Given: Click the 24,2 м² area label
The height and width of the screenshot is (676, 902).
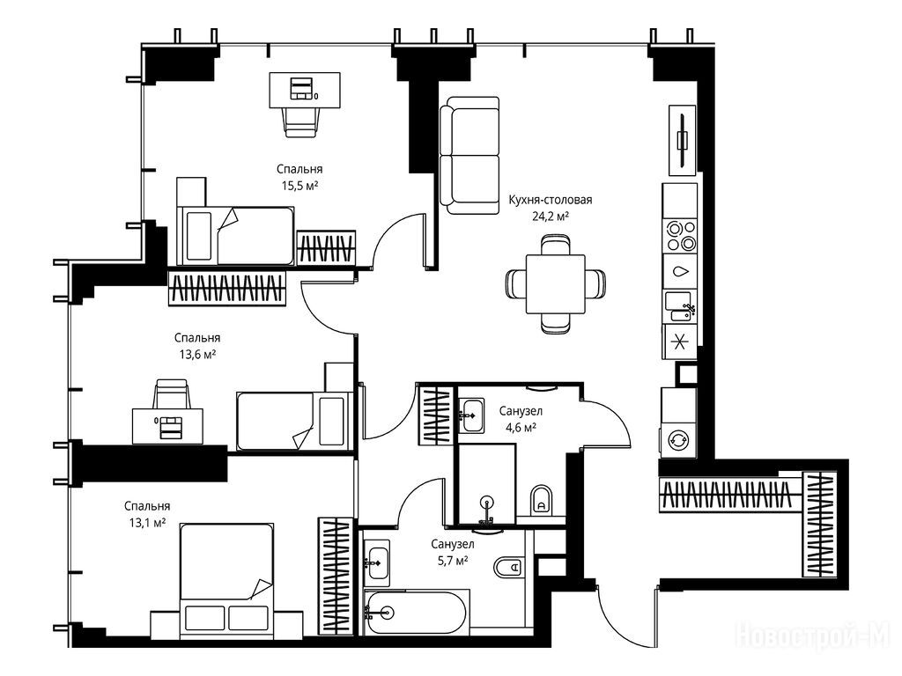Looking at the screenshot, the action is (x=550, y=217).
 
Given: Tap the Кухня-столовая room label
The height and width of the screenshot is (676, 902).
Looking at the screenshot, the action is (x=550, y=200).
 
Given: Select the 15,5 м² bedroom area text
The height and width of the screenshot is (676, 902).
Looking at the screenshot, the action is (x=299, y=185).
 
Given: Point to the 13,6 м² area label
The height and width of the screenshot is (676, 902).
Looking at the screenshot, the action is (x=197, y=354).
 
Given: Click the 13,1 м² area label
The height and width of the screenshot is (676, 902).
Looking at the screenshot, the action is (x=147, y=523).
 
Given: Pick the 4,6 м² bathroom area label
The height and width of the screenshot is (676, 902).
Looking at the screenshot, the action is (x=521, y=427).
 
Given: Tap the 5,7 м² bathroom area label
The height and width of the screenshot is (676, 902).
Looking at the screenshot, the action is (x=452, y=561).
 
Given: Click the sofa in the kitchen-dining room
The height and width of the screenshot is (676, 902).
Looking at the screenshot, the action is (x=469, y=156).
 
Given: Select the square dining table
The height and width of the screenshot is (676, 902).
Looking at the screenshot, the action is (x=555, y=284).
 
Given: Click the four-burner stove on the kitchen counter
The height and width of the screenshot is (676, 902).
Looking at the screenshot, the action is (x=680, y=236).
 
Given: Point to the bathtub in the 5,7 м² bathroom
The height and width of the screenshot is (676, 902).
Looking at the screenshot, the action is (x=416, y=613).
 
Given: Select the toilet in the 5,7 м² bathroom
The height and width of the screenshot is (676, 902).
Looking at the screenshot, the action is (x=508, y=568).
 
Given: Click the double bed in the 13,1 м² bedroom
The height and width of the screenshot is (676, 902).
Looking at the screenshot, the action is (x=226, y=581).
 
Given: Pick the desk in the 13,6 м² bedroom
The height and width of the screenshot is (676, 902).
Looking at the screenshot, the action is (x=168, y=426).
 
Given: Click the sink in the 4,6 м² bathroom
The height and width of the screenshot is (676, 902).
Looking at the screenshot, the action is (x=473, y=415).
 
